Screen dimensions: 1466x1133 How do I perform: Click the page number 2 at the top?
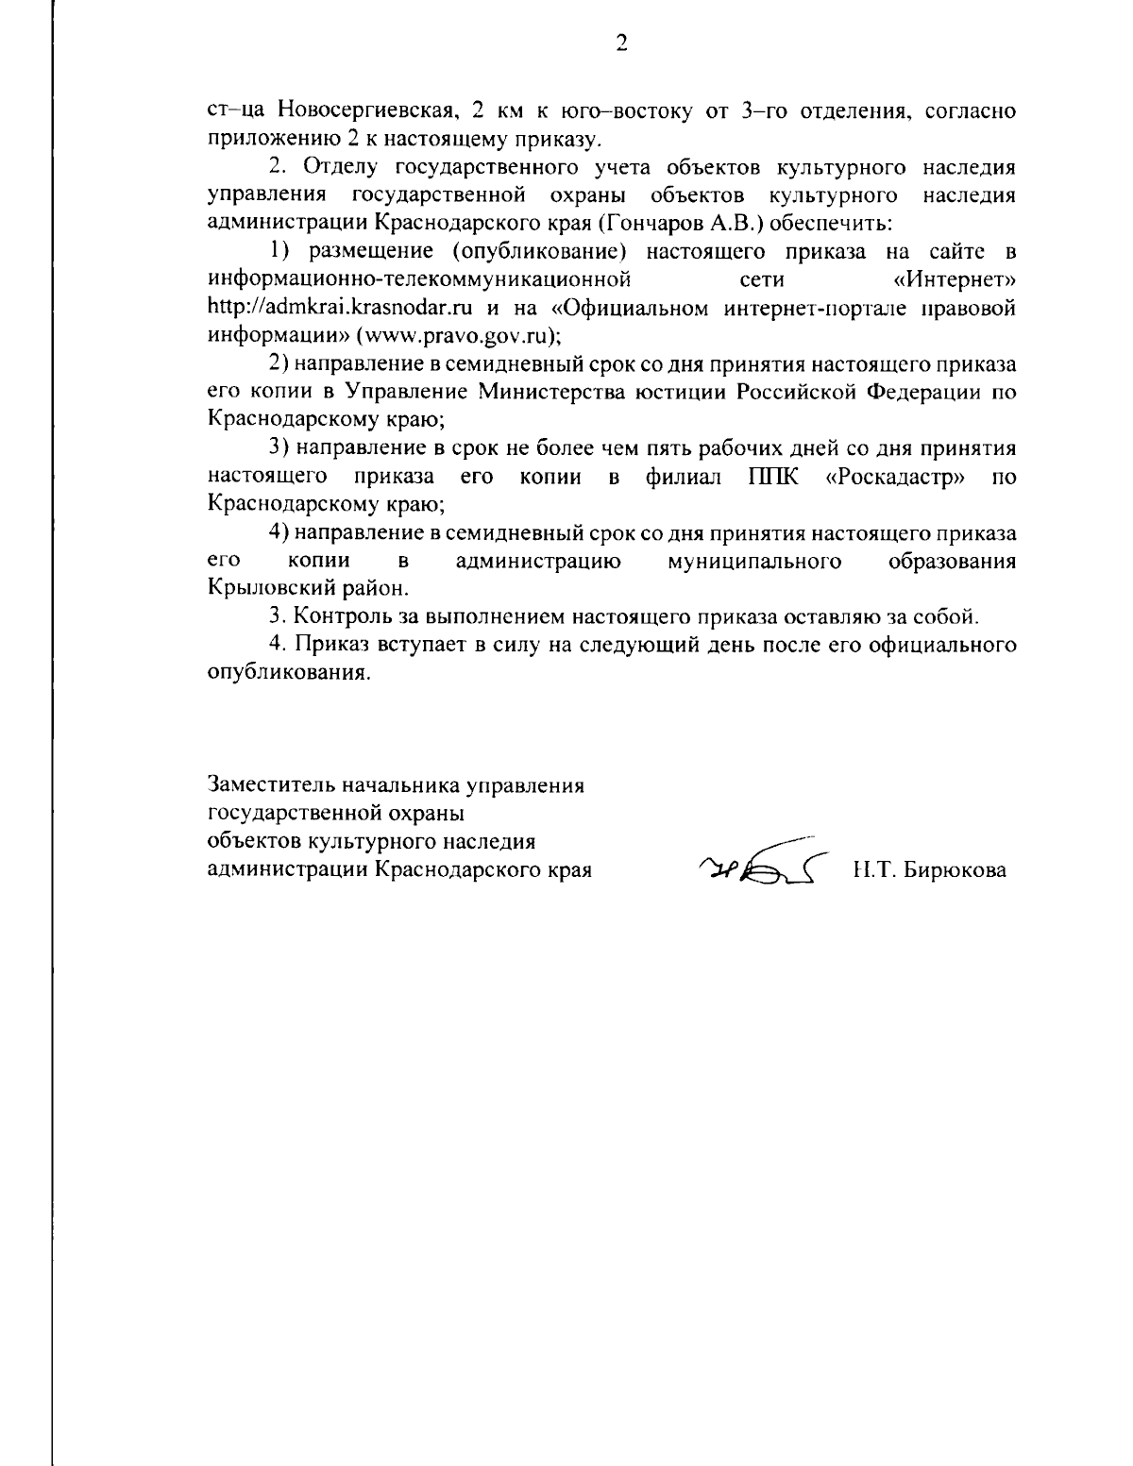click(620, 43)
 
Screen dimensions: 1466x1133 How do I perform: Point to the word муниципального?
click(754, 561)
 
